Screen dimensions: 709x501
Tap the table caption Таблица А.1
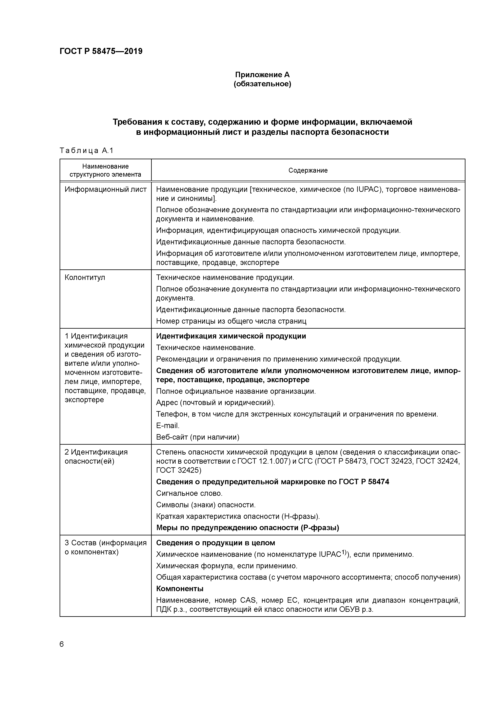(x=87, y=151)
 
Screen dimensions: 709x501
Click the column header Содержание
(x=308, y=170)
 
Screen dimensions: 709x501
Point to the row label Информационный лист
(x=106, y=189)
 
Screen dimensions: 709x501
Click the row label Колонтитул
(x=85, y=277)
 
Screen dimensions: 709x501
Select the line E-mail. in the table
(x=168, y=425)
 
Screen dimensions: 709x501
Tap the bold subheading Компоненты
(x=180, y=589)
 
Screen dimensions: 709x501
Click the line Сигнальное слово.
(x=189, y=493)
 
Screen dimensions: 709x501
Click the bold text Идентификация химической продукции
(x=231, y=336)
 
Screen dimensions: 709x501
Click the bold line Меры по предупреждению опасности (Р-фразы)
(x=247, y=528)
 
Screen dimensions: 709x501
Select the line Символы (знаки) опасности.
(x=206, y=505)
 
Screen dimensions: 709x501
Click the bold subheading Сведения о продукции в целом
(x=216, y=542)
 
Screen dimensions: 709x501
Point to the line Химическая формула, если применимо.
(x=227, y=566)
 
